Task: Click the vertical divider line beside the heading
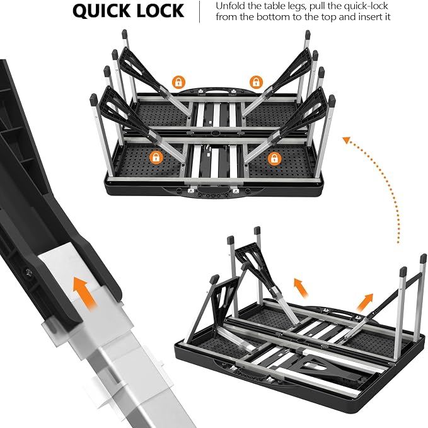click(200, 12)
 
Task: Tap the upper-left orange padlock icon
click(178, 82)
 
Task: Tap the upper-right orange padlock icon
click(256, 82)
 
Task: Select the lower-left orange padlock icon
click(156, 157)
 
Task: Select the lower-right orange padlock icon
click(274, 158)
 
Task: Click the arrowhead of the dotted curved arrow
click(346, 140)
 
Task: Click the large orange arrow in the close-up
click(86, 292)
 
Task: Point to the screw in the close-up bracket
click(28, 272)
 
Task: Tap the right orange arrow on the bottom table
click(364, 302)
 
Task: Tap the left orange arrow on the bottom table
click(301, 288)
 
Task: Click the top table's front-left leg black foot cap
click(94, 100)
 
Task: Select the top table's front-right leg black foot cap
click(332, 101)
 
